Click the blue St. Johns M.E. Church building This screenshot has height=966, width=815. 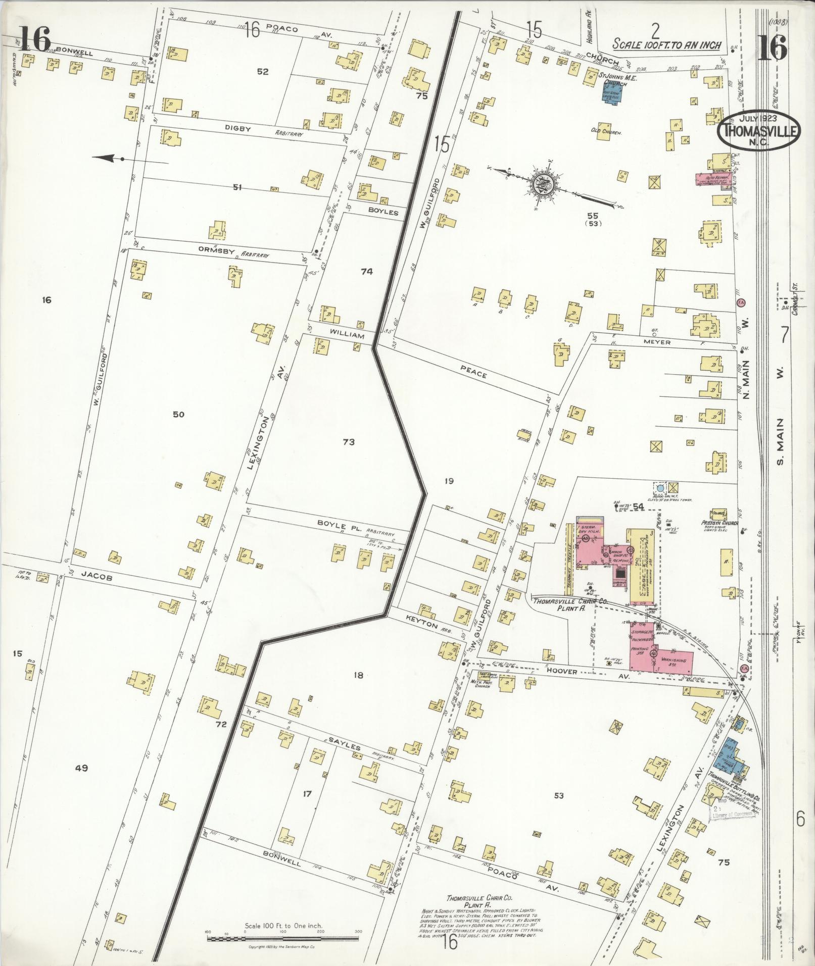613,93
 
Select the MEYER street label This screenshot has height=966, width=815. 657,342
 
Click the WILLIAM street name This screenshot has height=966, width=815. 347,335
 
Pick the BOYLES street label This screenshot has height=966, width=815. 383,213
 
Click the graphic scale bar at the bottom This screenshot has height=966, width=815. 283,938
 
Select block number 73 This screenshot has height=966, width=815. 349,442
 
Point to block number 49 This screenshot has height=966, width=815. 82,768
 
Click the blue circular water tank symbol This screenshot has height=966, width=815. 660,488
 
